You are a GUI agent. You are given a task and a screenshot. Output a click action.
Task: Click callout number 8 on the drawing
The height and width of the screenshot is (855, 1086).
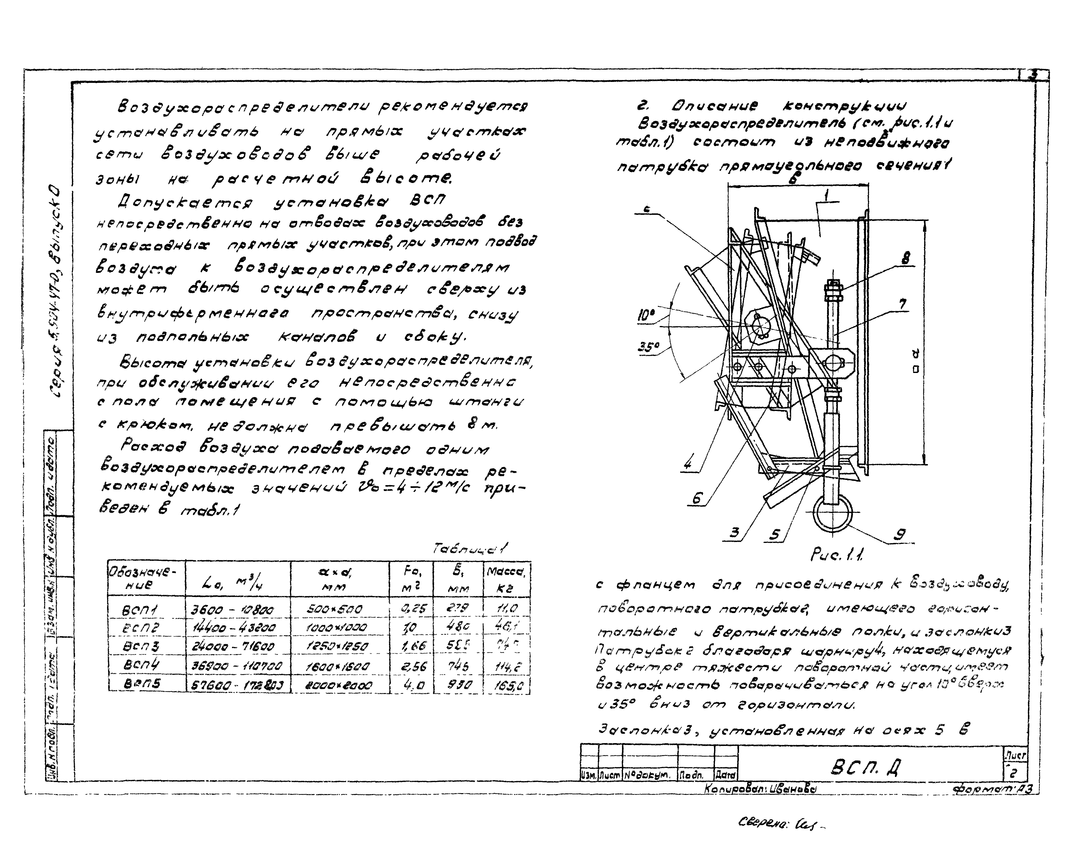pos(906,259)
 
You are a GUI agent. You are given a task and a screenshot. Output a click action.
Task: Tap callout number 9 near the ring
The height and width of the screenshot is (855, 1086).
pos(899,535)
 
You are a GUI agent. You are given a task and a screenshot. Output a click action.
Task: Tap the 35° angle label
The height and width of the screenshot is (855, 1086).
pos(648,347)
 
